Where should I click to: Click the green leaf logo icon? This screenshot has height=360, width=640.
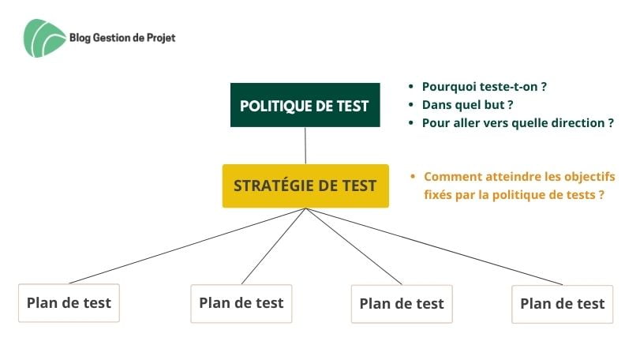pyautogui.click(x=44, y=38)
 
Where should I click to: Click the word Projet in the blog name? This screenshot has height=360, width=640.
pyautogui.click(x=161, y=38)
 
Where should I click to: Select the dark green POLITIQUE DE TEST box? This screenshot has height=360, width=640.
pyautogui.click(x=305, y=105)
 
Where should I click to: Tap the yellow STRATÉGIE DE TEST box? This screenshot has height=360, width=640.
pyautogui.click(x=305, y=186)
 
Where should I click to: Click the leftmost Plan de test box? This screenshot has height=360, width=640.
pyautogui.click(x=69, y=303)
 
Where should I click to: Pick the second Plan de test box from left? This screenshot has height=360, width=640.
pyautogui.click(x=241, y=303)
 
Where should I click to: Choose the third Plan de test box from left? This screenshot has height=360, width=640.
pyautogui.click(x=402, y=304)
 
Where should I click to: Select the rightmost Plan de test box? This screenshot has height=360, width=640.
pyautogui.click(x=563, y=304)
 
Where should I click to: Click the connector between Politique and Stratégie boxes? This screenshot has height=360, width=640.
pyautogui.click(x=305, y=145)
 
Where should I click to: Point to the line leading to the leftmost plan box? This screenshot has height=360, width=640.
pyautogui.click(x=187, y=246)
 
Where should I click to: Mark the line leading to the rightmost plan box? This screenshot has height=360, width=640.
pyautogui.click(x=434, y=246)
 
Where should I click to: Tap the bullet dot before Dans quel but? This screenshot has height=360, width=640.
pyautogui.click(x=411, y=105)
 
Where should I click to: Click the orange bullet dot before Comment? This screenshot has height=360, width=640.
pyautogui.click(x=413, y=176)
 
